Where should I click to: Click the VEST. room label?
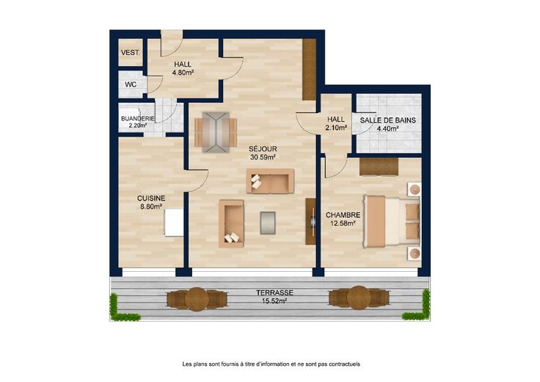[130, 53]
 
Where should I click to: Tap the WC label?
[131, 84]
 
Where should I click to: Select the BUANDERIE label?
[138, 118]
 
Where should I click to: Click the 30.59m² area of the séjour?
[263, 157]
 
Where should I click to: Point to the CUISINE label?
[151, 198]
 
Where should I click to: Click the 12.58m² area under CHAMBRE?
[343, 223]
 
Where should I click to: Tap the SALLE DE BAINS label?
[388, 120]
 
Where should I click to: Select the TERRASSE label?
[274, 292]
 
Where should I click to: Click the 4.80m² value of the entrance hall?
[183, 73]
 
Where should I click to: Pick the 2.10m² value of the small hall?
[336, 128]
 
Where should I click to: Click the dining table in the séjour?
[216, 132]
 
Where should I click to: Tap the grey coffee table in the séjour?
[268, 223]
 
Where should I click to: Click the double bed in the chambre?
[393, 222]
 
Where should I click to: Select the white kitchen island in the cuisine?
[174, 223]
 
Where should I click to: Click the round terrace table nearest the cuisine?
[197, 299]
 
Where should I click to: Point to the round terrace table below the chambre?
[359, 298]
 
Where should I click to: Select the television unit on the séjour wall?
[310, 221]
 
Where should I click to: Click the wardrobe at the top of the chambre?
[379, 167]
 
